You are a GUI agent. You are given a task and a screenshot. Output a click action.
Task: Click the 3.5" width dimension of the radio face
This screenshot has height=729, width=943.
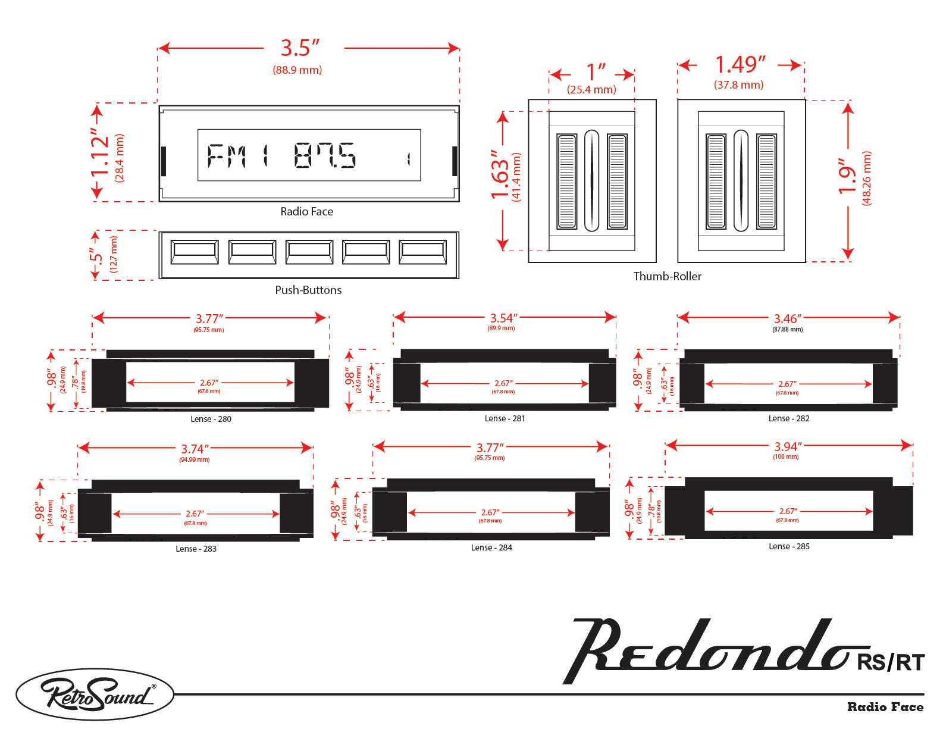click(300, 48)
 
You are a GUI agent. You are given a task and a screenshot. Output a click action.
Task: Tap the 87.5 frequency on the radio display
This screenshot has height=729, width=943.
click(325, 155)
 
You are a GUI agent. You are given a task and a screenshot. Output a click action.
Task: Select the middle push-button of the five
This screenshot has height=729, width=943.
click(309, 252)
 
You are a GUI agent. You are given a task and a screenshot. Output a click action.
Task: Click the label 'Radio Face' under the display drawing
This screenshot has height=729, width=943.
click(306, 211)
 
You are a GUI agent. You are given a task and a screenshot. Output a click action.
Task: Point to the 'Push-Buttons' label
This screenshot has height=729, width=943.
click(308, 290)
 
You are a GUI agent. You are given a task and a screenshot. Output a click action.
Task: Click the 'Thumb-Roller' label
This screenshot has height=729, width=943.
click(667, 276)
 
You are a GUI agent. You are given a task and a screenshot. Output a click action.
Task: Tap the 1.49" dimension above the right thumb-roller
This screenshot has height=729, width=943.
click(740, 64)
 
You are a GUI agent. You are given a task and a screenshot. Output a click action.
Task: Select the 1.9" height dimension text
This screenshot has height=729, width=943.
click(847, 176)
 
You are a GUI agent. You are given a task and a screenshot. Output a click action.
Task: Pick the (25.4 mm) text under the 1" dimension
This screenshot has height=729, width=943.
click(591, 90)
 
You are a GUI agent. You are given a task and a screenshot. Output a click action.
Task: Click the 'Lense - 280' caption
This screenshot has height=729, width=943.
click(211, 419)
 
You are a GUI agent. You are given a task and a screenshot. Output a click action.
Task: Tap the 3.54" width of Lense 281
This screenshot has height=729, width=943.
click(503, 318)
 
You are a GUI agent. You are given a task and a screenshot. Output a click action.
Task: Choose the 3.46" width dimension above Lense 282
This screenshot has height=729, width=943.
click(787, 319)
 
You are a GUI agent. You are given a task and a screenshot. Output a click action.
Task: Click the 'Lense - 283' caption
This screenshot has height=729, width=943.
click(196, 549)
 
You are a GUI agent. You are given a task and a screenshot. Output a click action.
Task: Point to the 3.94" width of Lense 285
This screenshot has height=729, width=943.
click(787, 446)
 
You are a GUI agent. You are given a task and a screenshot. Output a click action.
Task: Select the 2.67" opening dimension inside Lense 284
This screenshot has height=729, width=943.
click(490, 512)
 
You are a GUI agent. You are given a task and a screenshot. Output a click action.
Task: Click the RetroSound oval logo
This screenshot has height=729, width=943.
click(95, 694)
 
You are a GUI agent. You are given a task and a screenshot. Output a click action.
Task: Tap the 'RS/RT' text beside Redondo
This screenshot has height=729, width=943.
click(890, 662)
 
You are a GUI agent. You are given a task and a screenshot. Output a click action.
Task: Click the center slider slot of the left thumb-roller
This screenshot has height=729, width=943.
click(591, 180)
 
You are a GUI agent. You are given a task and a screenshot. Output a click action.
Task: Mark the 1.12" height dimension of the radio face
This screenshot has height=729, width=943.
click(100, 152)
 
